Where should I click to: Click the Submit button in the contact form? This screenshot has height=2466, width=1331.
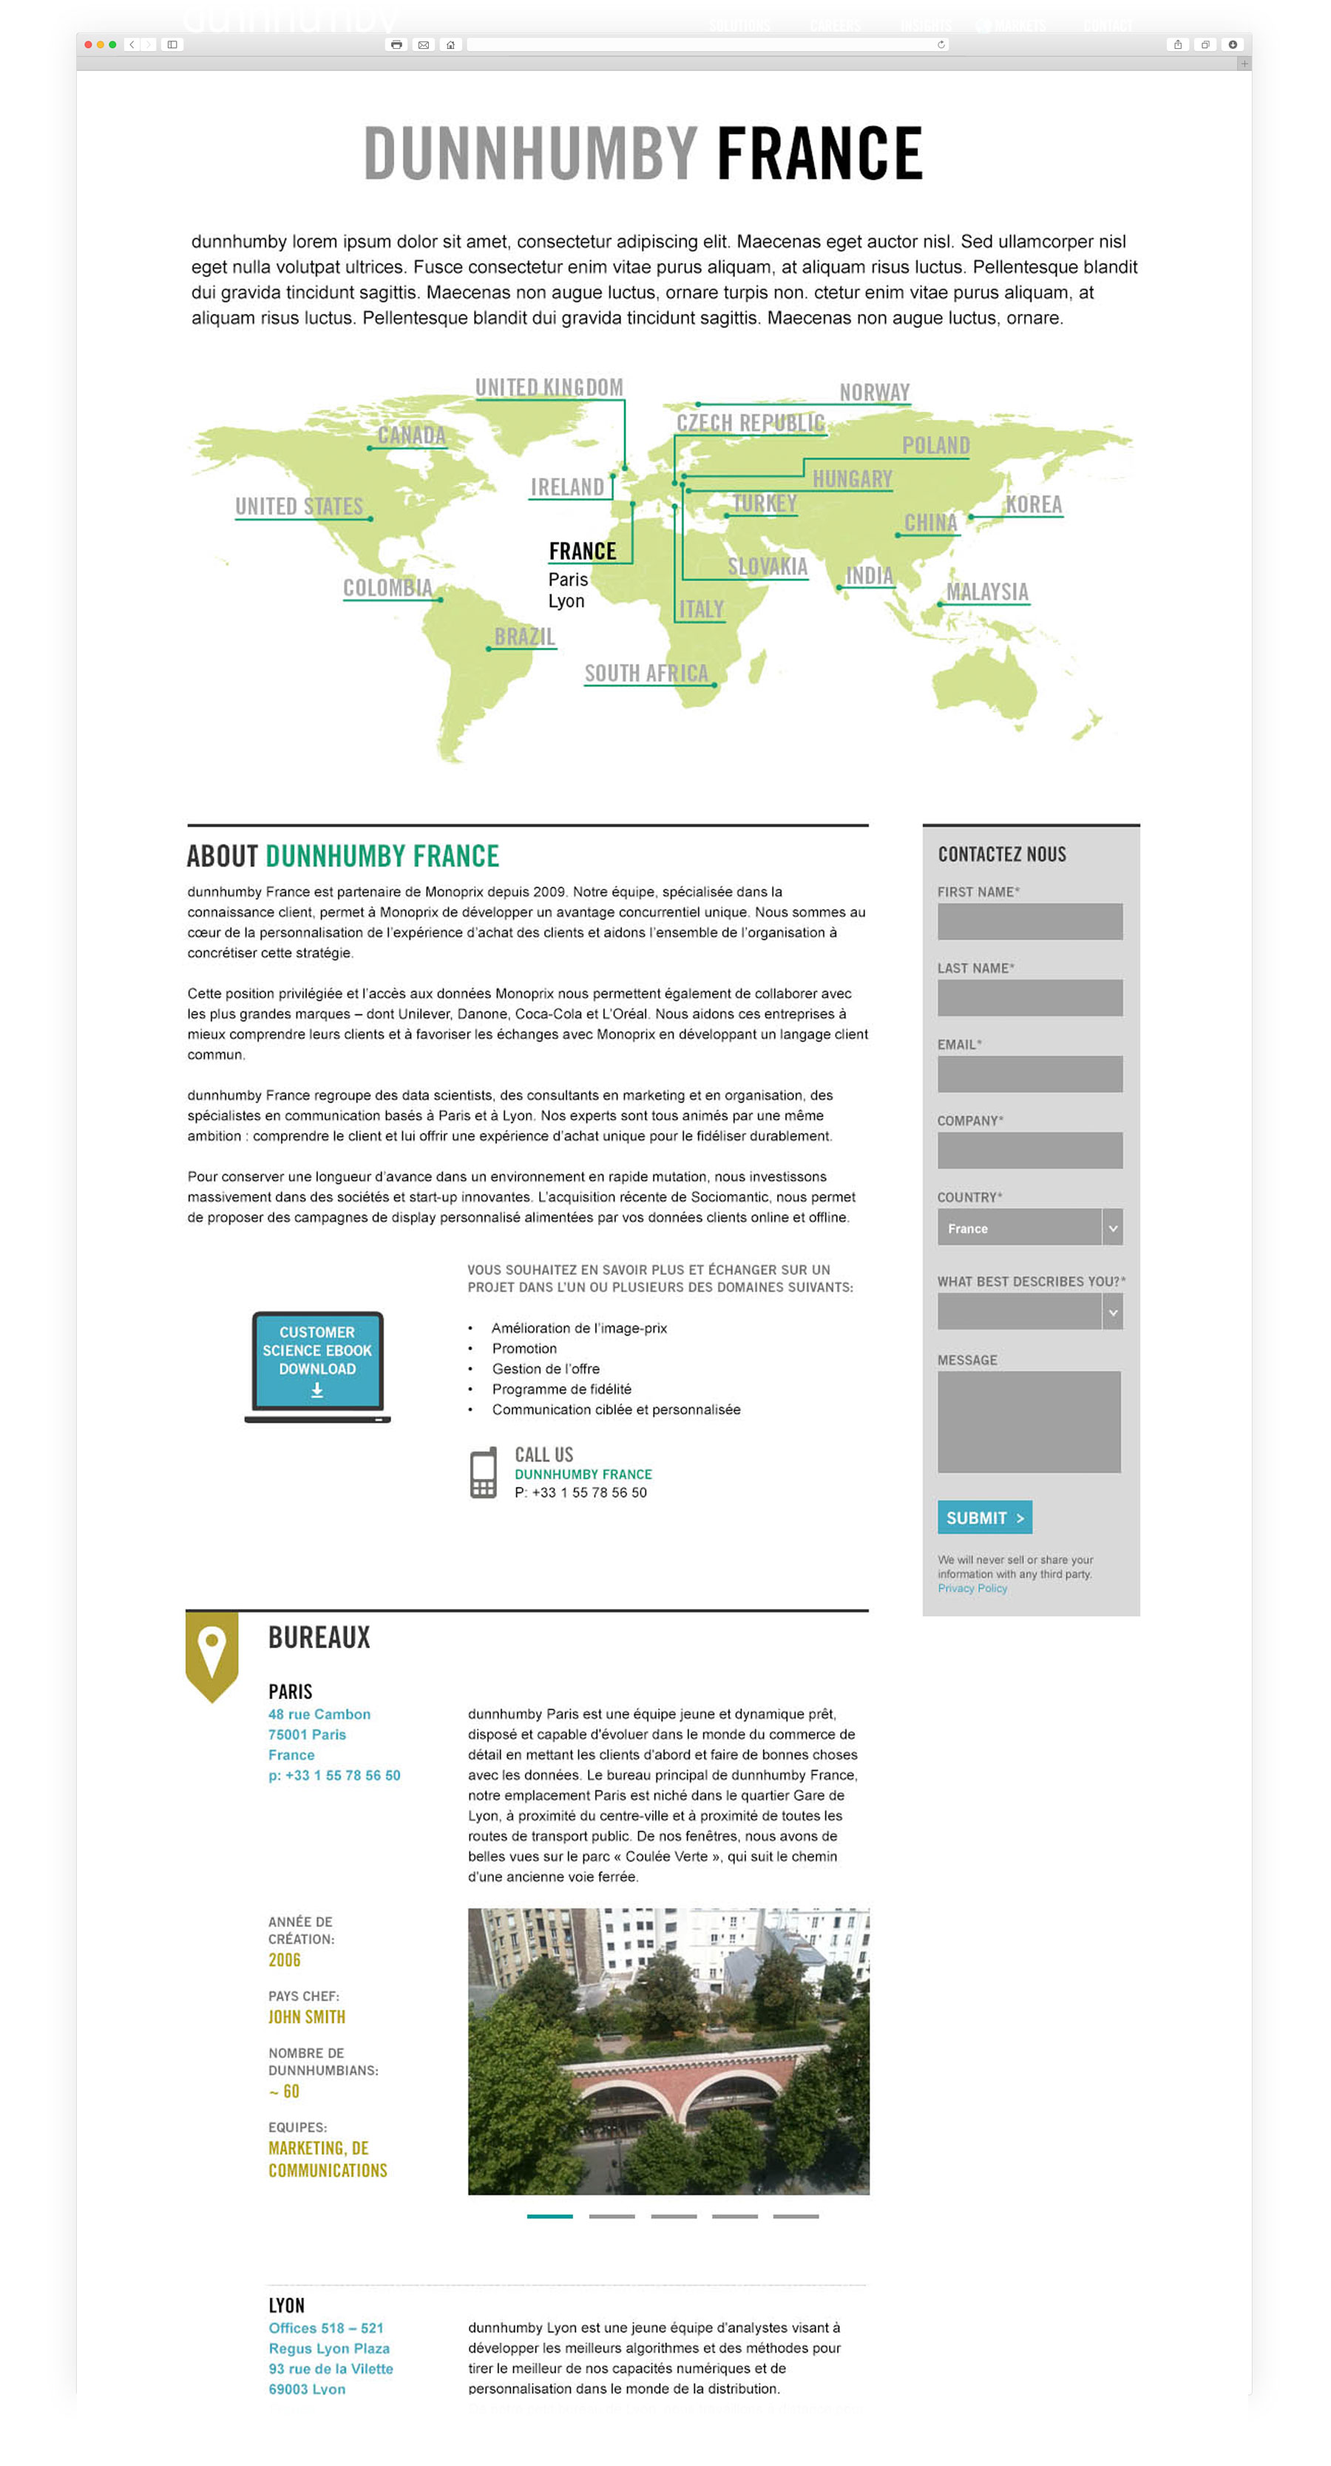pyautogui.click(x=983, y=1517)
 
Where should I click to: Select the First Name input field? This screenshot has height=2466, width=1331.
pyautogui.click(x=1029, y=921)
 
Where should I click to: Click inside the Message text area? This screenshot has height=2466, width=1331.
pyautogui.click(x=1029, y=1422)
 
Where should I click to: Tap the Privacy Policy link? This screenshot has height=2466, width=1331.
pyautogui.click(x=972, y=1588)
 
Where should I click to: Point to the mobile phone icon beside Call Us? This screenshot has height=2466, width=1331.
pyautogui.click(x=484, y=1472)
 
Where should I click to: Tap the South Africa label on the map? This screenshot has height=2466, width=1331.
pyautogui.click(x=646, y=674)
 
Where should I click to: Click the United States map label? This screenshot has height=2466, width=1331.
pyautogui.click(x=299, y=507)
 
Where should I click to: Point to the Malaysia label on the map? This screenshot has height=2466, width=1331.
pyautogui.click(x=987, y=592)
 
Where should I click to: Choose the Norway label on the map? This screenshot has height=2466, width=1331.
pyautogui.click(x=874, y=393)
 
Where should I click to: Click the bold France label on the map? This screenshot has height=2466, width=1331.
pyautogui.click(x=582, y=552)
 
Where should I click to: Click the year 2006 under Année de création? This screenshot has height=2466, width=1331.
pyautogui.click(x=285, y=1959)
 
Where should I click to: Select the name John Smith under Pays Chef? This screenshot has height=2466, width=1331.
pyautogui.click(x=306, y=2016)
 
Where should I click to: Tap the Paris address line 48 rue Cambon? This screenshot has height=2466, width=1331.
pyautogui.click(x=319, y=1713)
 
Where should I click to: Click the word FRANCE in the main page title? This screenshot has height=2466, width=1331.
pyautogui.click(x=819, y=154)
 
